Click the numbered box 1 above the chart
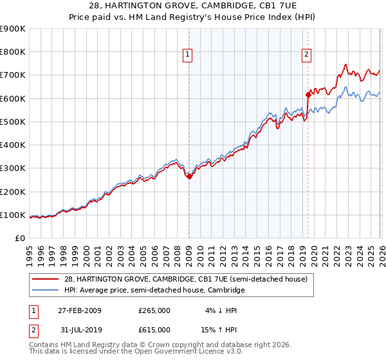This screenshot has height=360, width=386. (187, 55)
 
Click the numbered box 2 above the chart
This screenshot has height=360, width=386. (306, 55)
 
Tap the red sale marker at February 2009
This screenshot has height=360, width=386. (189, 177)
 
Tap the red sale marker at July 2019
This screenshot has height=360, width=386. (308, 95)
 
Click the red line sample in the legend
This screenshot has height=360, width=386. (46, 279)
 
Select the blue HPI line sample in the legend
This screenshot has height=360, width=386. (46, 291)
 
